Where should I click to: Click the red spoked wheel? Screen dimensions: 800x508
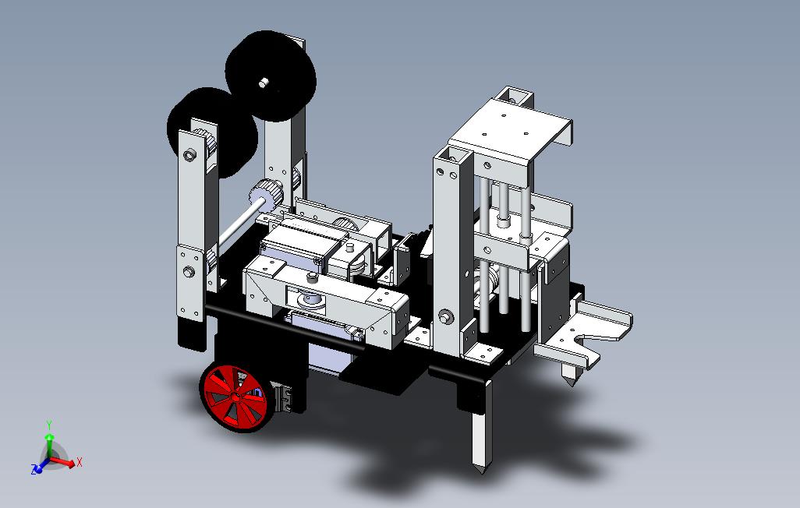tap(235, 398)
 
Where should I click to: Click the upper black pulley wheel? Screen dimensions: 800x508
tap(271, 76)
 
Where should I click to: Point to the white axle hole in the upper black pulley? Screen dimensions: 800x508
tap(264, 83)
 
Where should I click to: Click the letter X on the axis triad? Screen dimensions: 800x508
tap(79, 463)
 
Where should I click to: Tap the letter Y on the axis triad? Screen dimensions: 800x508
tap(49, 425)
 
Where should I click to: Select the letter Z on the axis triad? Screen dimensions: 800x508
tap(34, 470)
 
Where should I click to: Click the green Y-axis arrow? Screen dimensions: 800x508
tap(49, 445)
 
